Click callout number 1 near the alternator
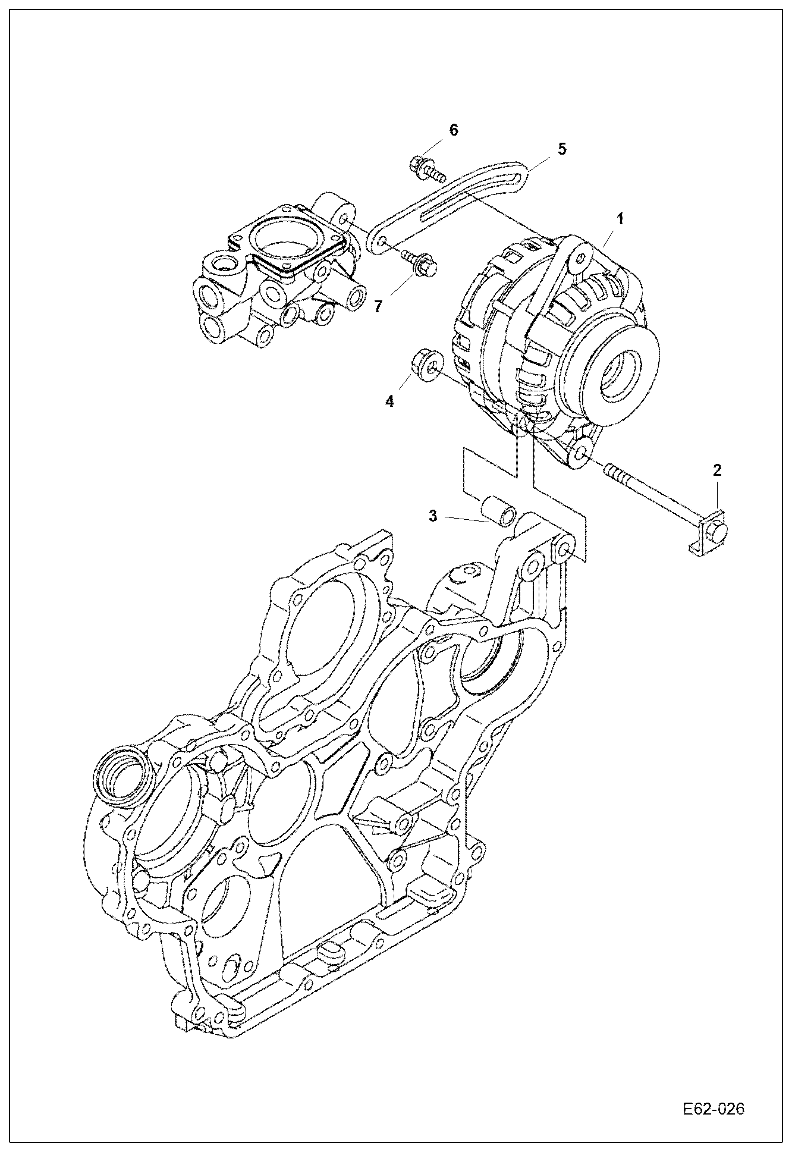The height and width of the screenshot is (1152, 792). pyautogui.click(x=620, y=219)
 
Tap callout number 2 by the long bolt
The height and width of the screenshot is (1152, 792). pyautogui.click(x=716, y=470)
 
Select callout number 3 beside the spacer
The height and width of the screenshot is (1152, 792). pyautogui.click(x=433, y=516)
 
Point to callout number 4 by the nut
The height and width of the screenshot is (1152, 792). pyautogui.click(x=389, y=401)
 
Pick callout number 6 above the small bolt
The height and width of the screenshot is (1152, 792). pyautogui.click(x=454, y=130)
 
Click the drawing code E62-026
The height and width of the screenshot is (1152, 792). pyautogui.click(x=713, y=1109)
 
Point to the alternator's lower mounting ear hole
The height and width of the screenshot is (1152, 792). pyautogui.click(x=581, y=455)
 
